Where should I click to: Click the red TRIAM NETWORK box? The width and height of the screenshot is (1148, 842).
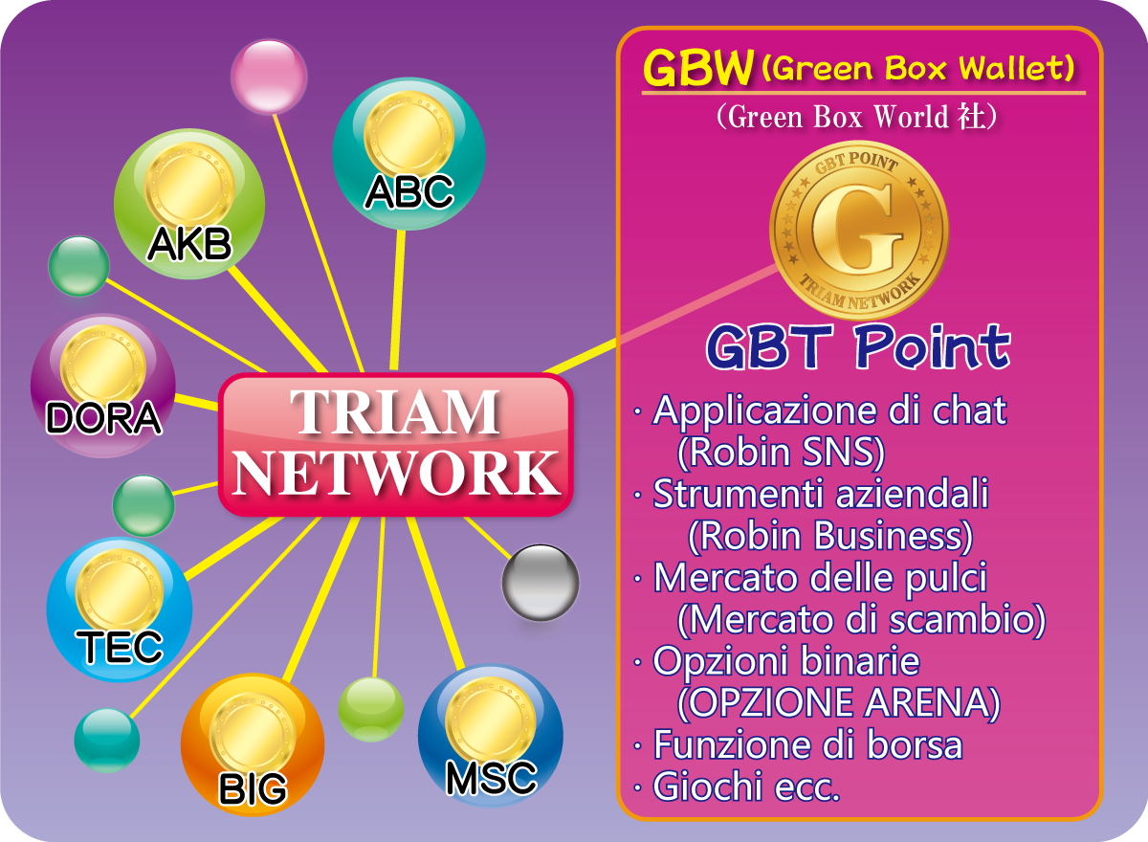click(396, 444)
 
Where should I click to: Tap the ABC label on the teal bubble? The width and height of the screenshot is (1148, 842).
click(409, 192)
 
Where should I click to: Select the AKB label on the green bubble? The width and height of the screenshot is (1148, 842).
click(189, 244)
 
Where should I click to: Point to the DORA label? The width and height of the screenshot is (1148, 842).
click(103, 418)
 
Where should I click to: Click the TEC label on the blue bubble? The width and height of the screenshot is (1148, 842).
click(120, 647)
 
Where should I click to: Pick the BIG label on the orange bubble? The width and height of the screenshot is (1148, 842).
click(253, 788)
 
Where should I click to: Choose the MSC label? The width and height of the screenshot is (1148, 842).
click(491, 779)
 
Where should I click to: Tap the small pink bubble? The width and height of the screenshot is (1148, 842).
click(269, 77)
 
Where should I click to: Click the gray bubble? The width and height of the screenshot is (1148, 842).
click(541, 583)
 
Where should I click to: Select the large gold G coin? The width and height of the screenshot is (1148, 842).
click(859, 231)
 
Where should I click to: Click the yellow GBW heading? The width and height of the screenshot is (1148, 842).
click(698, 68)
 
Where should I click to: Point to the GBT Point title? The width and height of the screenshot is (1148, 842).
click(858, 347)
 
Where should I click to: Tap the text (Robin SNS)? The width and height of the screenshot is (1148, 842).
click(781, 452)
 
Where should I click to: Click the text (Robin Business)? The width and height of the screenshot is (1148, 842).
click(830, 536)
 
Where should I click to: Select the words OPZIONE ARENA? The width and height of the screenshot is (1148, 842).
click(838, 702)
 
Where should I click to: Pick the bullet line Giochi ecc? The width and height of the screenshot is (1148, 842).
click(737, 787)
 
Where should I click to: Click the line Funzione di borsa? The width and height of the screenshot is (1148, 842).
click(798, 744)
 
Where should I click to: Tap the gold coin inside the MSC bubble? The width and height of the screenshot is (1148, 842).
click(491, 721)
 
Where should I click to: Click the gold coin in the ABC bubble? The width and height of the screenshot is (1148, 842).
click(409, 135)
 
